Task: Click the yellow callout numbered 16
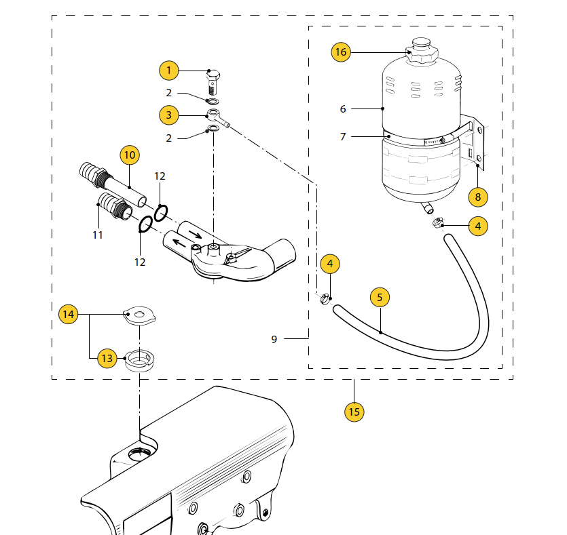341,52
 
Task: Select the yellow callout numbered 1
169,71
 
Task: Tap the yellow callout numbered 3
169,115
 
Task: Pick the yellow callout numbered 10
130,155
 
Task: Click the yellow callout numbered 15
354,412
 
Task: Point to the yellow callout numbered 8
477,197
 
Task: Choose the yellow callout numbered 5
380,298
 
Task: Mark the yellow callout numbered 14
69,314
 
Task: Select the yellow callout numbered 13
107,359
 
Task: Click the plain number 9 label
274,339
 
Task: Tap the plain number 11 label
98,235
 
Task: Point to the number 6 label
343,109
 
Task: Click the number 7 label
343,137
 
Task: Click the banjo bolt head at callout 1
213,75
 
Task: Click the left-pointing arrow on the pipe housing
179,242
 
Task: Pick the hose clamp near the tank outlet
438,222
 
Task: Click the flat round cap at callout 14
139,315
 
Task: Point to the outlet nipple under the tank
427,207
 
